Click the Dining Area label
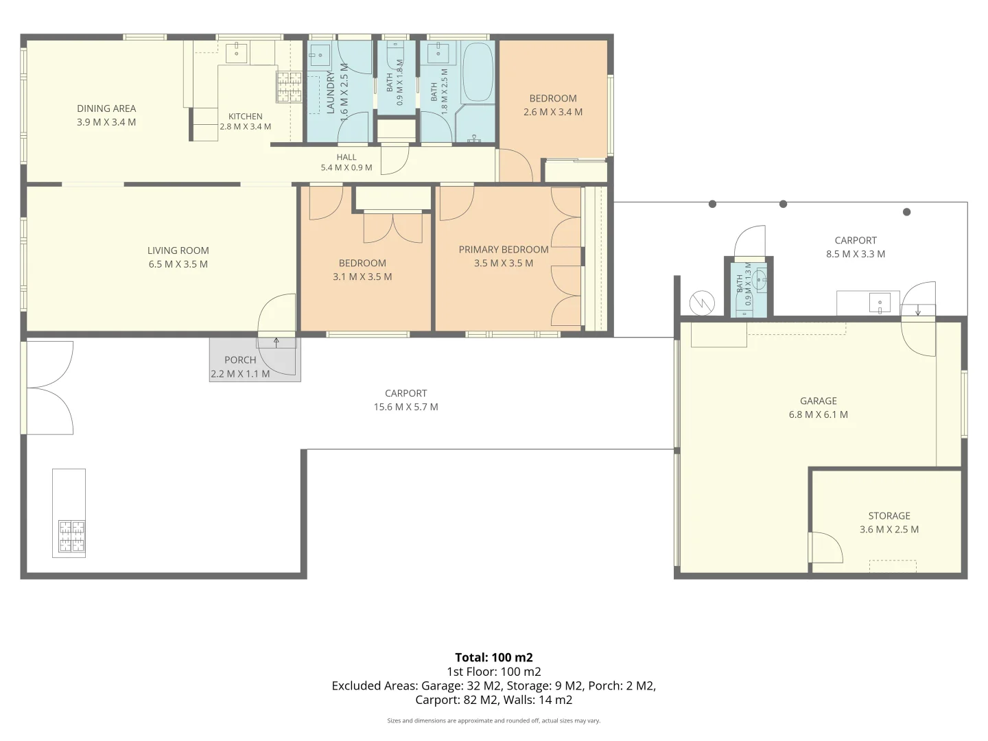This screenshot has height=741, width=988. point(106,108)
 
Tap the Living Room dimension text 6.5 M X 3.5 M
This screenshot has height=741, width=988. point(178,264)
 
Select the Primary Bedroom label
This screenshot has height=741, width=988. point(504,250)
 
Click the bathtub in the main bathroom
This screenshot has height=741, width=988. point(478,72)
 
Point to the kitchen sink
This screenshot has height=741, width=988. point(236,53)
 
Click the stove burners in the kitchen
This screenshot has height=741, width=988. point(289,87)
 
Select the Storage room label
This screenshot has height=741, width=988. point(889,515)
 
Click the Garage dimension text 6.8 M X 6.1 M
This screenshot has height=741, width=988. point(819,414)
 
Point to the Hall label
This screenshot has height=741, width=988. point(346,157)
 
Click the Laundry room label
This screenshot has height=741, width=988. point(331,92)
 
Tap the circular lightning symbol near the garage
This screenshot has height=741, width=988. point(702,303)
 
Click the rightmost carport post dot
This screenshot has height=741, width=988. point(907,212)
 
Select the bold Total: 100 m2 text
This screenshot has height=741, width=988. point(494,657)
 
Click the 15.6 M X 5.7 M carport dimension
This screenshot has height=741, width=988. point(405,407)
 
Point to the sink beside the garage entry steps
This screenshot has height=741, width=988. point(880,302)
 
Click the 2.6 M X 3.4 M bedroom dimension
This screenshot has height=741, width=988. point(553,112)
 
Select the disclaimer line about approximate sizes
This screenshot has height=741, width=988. point(494,720)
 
